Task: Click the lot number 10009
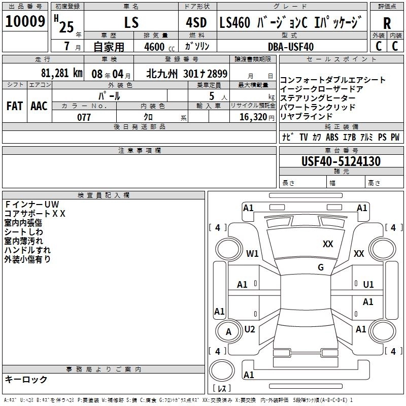click(25, 21)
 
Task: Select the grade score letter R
click(387, 23)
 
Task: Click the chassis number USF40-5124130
click(341, 161)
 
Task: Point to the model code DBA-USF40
click(291, 47)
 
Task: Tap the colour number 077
click(84, 117)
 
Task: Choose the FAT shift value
click(15, 106)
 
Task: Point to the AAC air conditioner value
click(39, 106)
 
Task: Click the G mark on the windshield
click(321, 267)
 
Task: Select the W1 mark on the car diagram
click(252, 253)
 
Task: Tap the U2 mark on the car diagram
click(250, 329)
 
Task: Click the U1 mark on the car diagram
click(368, 285)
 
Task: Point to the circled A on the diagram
click(228, 332)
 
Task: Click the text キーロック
click(26, 379)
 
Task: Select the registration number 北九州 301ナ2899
click(187, 73)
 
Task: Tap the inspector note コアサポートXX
click(35, 213)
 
